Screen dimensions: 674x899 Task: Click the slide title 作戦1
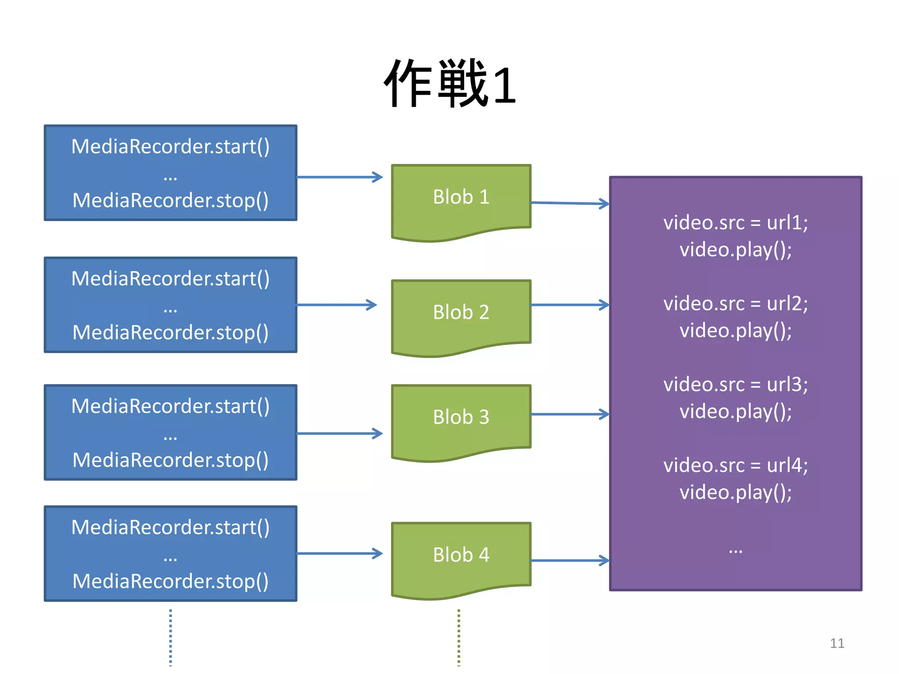click(449, 83)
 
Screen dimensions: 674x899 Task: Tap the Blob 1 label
click(461, 197)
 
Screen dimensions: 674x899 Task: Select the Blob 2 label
click(461, 312)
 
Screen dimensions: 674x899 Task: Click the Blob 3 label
click(461, 417)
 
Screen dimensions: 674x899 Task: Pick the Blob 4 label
click(461, 555)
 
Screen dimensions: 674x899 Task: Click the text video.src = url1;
click(735, 223)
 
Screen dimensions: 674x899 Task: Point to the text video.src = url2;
click(735, 304)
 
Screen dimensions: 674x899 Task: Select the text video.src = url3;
click(735, 384)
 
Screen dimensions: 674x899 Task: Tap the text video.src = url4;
click(735, 465)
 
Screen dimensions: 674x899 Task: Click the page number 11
click(837, 643)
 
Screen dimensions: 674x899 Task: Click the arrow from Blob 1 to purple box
click(569, 203)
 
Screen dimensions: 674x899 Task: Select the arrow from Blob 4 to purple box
click(569, 560)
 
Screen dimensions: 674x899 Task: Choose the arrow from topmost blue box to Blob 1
click(339, 177)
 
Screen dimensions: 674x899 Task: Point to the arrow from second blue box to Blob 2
click(336, 305)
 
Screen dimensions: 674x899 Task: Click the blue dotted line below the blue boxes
click(171, 637)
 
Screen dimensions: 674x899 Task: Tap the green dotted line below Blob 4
click(459, 637)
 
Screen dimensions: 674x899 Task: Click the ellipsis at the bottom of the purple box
click(735, 550)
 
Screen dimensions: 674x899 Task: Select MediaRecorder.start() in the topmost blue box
click(170, 147)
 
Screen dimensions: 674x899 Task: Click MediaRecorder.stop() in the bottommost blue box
click(170, 581)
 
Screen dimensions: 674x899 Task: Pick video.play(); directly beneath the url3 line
click(735, 412)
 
